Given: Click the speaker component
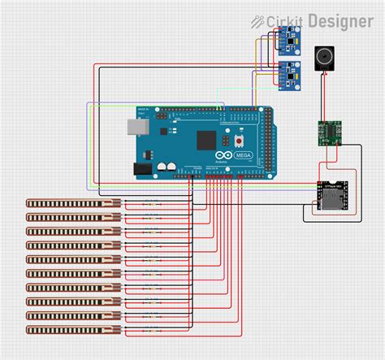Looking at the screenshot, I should pyautogui.click(x=325, y=59).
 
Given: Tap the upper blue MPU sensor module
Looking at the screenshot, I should pyautogui.click(x=288, y=37).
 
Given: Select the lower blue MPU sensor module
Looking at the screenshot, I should pyautogui.click(x=288, y=75).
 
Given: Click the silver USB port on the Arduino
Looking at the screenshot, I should pyautogui.click(x=133, y=127).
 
